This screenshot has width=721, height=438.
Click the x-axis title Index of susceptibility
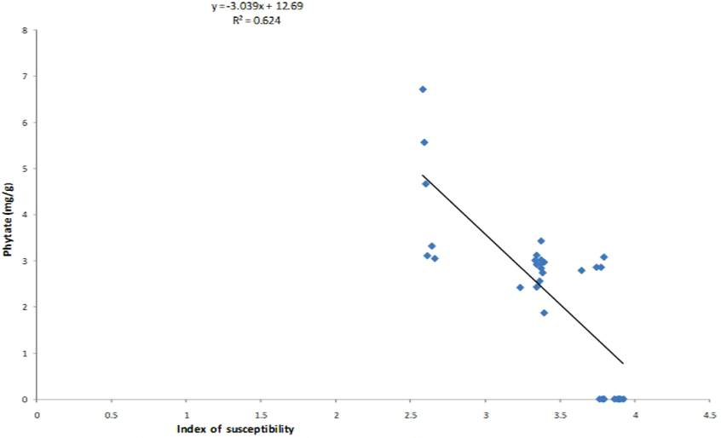tap(235, 429)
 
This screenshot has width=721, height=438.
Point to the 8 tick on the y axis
tap(25, 31)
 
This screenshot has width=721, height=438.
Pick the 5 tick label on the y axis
tap(25, 169)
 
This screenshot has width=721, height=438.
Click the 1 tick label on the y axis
tap(25, 354)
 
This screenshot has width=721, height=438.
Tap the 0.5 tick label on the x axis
tap(111, 415)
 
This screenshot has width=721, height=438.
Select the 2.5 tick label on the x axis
tap(411, 415)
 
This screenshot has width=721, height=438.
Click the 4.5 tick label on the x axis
tap(709, 415)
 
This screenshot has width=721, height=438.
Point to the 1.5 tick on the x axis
tap(261, 415)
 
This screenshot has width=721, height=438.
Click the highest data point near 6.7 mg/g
tap(423, 89)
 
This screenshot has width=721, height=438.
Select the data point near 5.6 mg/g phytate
tap(424, 142)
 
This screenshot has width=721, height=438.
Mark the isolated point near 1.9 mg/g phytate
tap(544, 313)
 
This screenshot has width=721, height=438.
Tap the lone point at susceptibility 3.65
tap(581, 270)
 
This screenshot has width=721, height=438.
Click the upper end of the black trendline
tap(423, 176)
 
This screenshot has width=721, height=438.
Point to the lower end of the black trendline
tap(623, 363)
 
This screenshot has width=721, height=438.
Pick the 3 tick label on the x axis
tap(485, 415)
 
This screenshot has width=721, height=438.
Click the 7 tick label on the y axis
tap(25, 77)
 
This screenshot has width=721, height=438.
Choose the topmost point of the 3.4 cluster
tap(540, 241)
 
